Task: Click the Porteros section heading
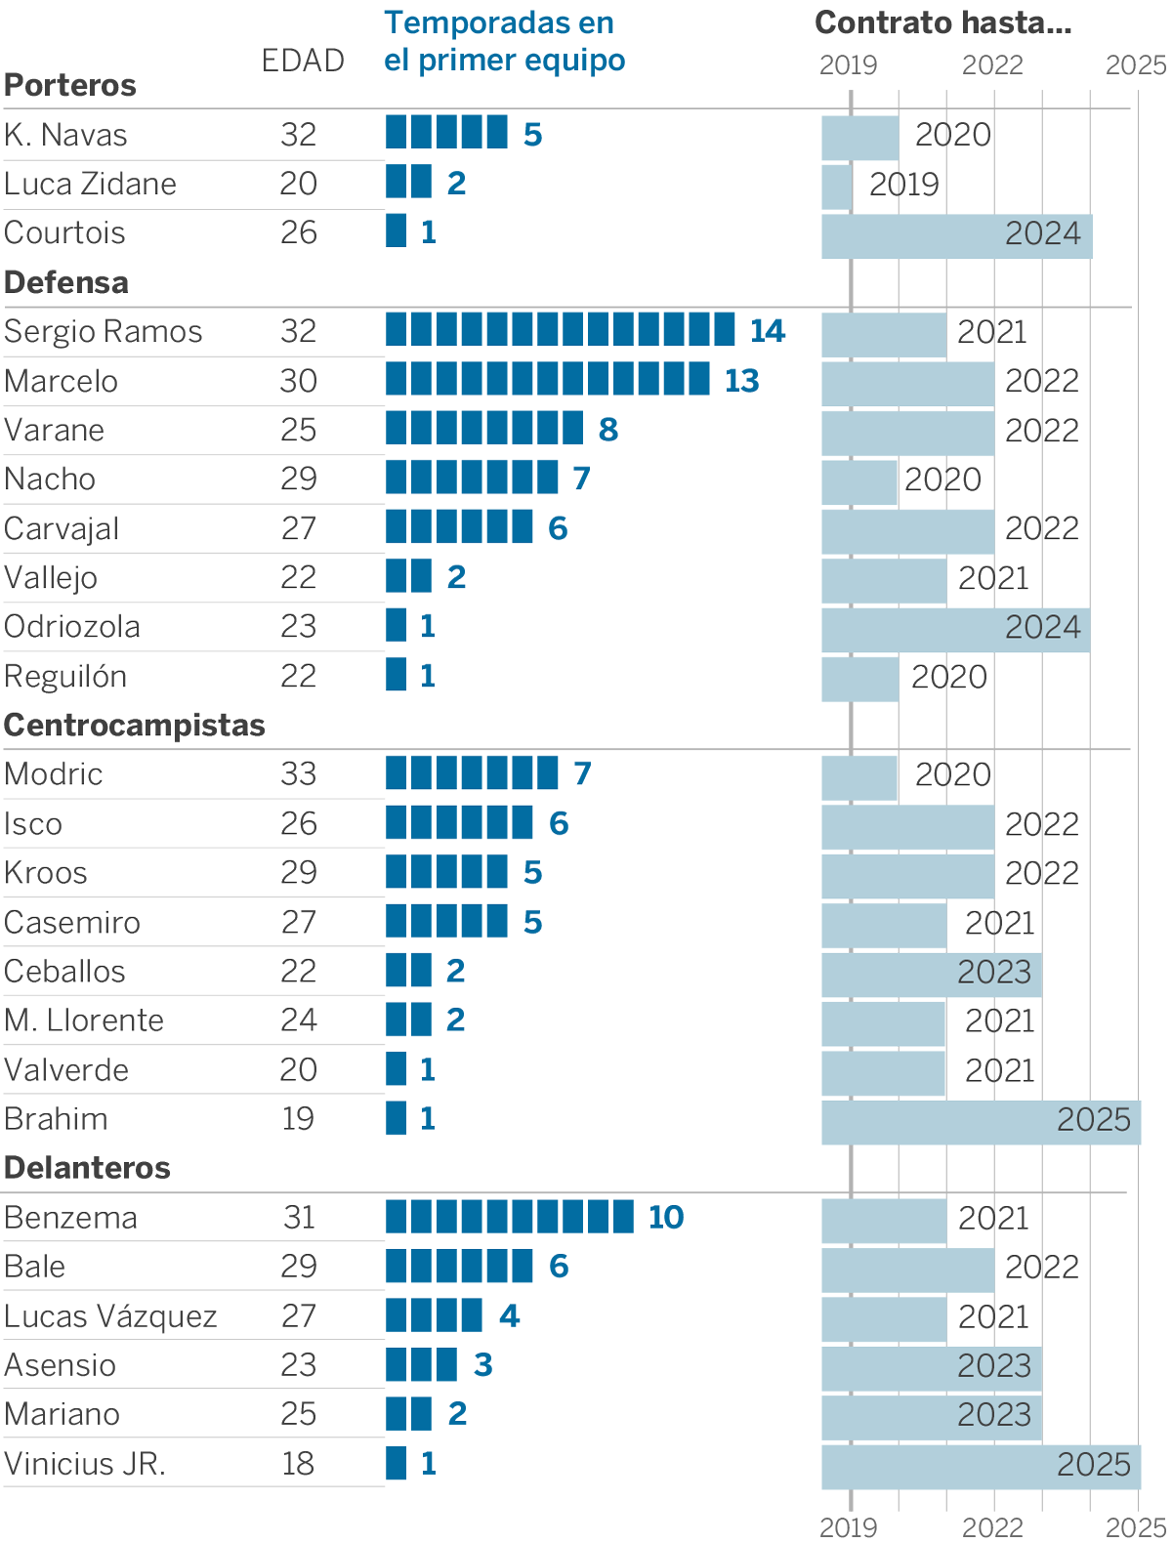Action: [70, 85]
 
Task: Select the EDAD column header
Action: [303, 61]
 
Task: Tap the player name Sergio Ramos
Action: [103, 331]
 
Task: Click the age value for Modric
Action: [298, 773]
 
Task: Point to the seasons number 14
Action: [768, 331]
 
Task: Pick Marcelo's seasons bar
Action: [547, 379]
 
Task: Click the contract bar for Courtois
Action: [956, 235]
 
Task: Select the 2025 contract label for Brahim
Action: [1093, 1120]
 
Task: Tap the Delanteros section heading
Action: [87, 1167]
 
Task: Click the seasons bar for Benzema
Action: [509, 1217]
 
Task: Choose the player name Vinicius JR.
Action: [85, 1463]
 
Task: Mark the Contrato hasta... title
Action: [942, 22]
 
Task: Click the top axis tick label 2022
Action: [992, 65]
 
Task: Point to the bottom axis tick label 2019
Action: [848, 1526]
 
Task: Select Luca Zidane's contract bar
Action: [836, 187]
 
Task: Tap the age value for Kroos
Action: [298, 872]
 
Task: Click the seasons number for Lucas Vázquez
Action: [509, 1315]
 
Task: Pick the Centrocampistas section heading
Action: [135, 725]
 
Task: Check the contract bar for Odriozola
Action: [955, 629]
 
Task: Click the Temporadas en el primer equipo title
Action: [504, 41]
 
